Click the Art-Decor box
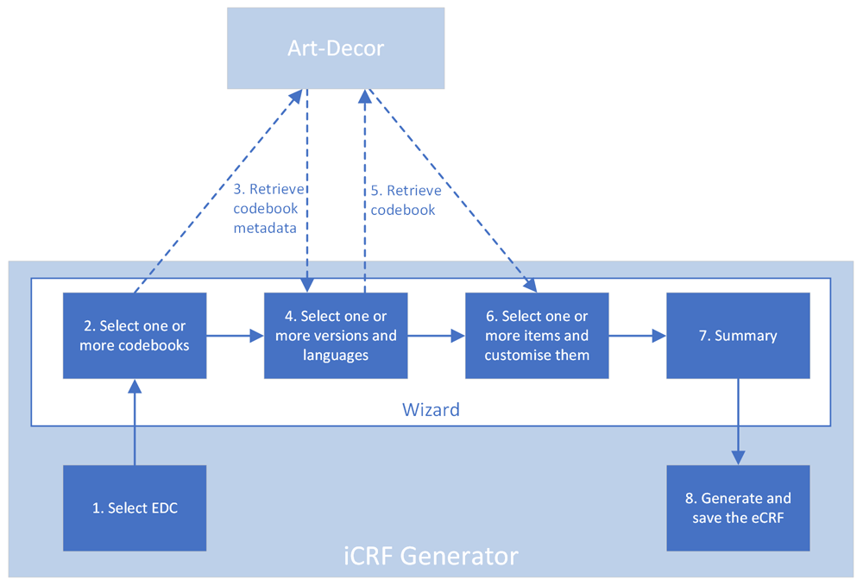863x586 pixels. pyautogui.click(x=336, y=47)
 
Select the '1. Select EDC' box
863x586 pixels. pyautogui.click(x=135, y=507)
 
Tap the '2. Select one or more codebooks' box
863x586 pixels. pyautogui.click(x=135, y=336)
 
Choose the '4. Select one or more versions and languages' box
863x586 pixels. pyautogui.click(x=336, y=336)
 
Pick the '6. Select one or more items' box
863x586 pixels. pyautogui.click(x=537, y=336)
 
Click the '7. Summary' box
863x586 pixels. pyautogui.click(x=738, y=336)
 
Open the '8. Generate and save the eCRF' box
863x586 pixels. pyautogui.click(x=738, y=507)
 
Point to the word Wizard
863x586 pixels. pyautogui.click(x=431, y=410)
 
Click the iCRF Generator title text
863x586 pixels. pyautogui.click(x=431, y=556)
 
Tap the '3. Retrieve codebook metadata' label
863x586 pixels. pyautogui.click(x=268, y=209)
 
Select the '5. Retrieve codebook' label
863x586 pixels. pyautogui.click(x=406, y=200)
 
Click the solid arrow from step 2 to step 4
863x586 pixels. pyautogui.click(x=236, y=336)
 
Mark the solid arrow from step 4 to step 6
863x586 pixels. pyautogui.click(x=437, y=336)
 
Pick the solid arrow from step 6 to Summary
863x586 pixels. pyautogui.click(x=638, y=336)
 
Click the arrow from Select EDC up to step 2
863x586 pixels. pyautogui.click(x=135, y=422)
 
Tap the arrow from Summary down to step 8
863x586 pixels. pyautogui.click(x=738, y=422)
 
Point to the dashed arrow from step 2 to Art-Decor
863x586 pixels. pyautogui.click(x=218, y=191)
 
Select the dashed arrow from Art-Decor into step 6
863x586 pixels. pyautogui.click(x=453, y=191)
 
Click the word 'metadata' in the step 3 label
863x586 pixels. pyautogui.click(x=265, y=228)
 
